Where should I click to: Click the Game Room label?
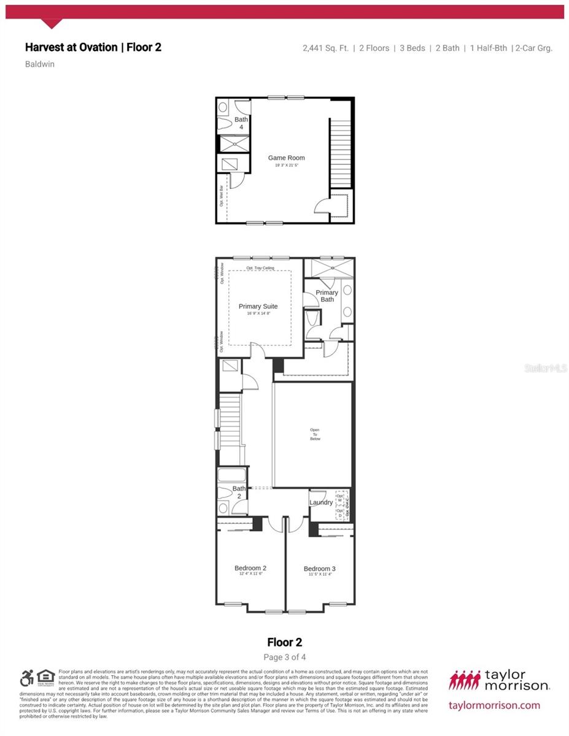(x=286, y=158)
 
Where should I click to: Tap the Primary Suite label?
(x=258, y=307)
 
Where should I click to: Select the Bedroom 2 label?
(x=250, y=569)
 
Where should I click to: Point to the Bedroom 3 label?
(x=319, y=569)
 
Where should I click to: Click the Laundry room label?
(x=321, y=503)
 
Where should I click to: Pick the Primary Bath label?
(x=327, y=296)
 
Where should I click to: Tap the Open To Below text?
(x=315, y=434)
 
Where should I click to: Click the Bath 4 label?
(x=241, y=123)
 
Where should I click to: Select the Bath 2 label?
(x=239, y=492)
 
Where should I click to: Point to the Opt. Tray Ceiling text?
(x=260, y=269)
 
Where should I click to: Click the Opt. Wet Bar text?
(x=222, y=194)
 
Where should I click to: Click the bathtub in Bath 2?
(x=231, y=475)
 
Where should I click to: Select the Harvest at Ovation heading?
(x=93, y=47)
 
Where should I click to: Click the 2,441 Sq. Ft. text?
(x=324, y=48)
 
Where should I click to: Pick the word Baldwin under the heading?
(x=40, y=64)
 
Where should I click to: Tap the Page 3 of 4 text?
(x=285, y=657)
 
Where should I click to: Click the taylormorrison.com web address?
(x=495, y=705)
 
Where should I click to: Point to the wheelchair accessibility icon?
(x=26, y=678)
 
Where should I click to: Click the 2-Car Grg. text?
(x=533, y=48)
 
